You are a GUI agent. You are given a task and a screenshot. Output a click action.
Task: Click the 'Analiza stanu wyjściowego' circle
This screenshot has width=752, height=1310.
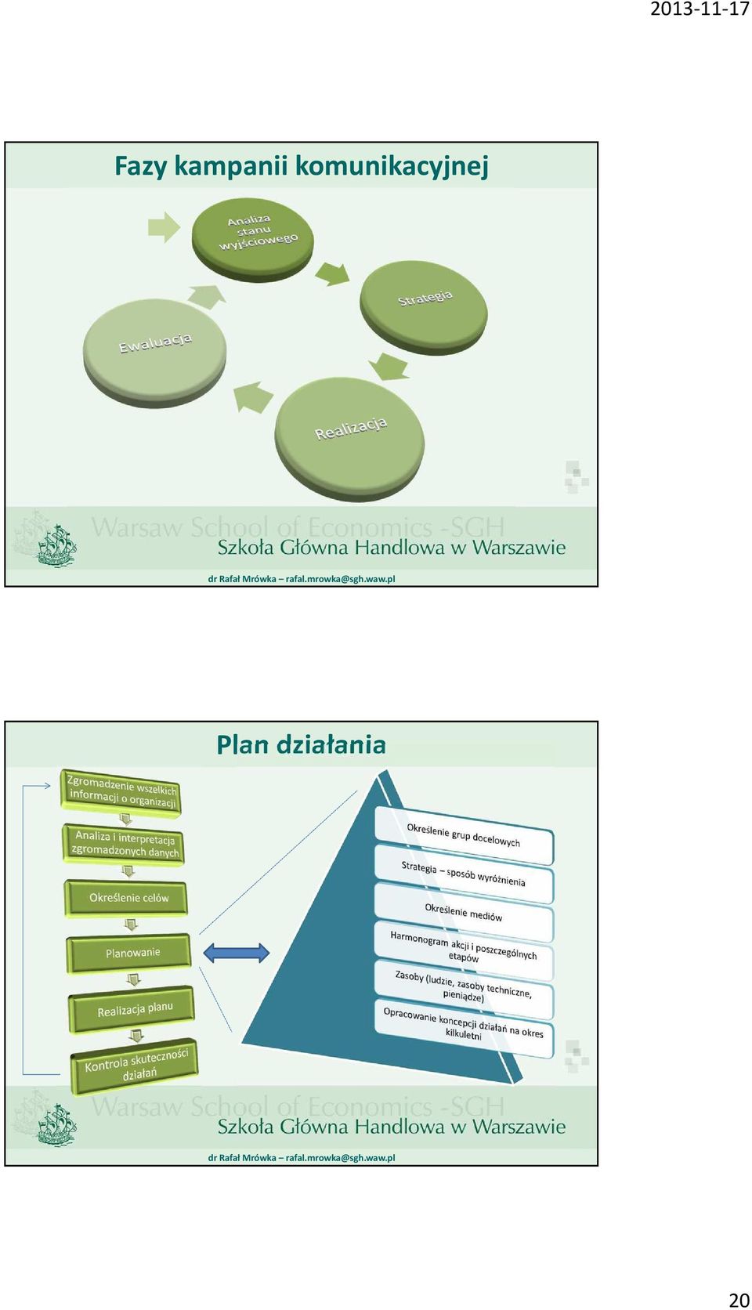pos(252,239)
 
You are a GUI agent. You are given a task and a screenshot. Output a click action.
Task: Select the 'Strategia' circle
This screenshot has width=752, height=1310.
pos(423,308)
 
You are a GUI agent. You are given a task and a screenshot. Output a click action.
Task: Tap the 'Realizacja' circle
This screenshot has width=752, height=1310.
pos(350,440)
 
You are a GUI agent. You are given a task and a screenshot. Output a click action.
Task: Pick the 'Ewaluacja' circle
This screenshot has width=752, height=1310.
pos(155,352)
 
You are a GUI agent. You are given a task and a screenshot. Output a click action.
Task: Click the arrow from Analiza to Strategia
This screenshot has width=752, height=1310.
pos(332,273)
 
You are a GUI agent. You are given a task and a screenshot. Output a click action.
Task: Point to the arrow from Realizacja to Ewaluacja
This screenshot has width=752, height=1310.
pos(252,397)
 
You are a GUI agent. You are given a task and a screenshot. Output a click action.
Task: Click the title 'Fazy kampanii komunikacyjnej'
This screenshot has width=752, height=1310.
pos(301,166)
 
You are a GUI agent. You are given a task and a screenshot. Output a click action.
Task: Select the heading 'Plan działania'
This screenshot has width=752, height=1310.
pos(301,744)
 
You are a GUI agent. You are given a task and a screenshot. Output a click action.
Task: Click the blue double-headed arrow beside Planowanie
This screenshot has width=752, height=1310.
pos(237,953)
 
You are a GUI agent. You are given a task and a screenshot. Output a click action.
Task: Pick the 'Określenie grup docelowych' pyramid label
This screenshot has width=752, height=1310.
pos(464,835)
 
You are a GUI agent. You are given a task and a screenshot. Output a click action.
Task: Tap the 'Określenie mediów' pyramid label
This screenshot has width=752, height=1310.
pos(464,912)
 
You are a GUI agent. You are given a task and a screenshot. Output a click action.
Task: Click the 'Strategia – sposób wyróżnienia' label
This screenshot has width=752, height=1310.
pos(464,874)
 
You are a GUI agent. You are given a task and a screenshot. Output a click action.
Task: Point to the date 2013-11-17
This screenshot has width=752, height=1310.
pos(700,10)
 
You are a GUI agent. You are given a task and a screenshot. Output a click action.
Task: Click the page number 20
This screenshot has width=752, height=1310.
pos(739,1299)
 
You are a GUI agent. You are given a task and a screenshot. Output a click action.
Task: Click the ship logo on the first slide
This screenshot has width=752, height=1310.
pos(56,545)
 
